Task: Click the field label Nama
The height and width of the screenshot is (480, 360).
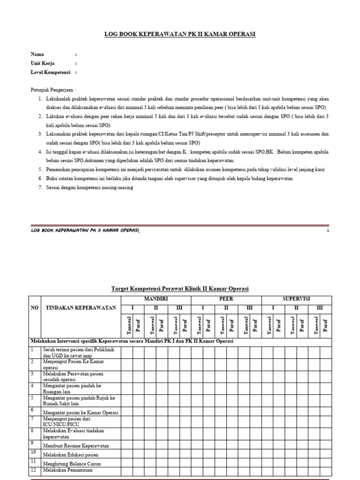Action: pyautogui.click(x=37, y=54)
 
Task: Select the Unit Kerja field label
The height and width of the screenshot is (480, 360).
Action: pyautogui.click(x=43, y=63)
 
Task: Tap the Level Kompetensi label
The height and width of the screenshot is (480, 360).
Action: pyautogui.click(x=50, y=72)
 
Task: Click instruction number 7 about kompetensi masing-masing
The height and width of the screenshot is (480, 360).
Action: pyautogui.click(x=90, y=187)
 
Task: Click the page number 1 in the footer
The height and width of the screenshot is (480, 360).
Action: pyautogui.click(x=328, y=231)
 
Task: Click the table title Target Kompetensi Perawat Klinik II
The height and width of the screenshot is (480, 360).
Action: pyautogui.click(x=180, y=288)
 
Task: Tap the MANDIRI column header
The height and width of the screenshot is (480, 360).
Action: pyautogui.click(x=156, y=299)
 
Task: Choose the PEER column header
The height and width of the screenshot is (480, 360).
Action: pyautogui.click(x=226, y=299)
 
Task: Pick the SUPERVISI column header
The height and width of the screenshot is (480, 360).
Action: pyautogui.click(x=296, y=299)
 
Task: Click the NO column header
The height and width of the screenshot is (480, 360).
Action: pyautogui.click(x=35, y=308)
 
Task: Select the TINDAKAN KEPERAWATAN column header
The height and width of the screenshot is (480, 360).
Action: pyautogui.click(x=75, y=308)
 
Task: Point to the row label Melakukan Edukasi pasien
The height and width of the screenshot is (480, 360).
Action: pyautogui.click(x=70, y=455)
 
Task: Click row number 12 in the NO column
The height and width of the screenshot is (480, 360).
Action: pyautogui.click(x=33, y=469)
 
